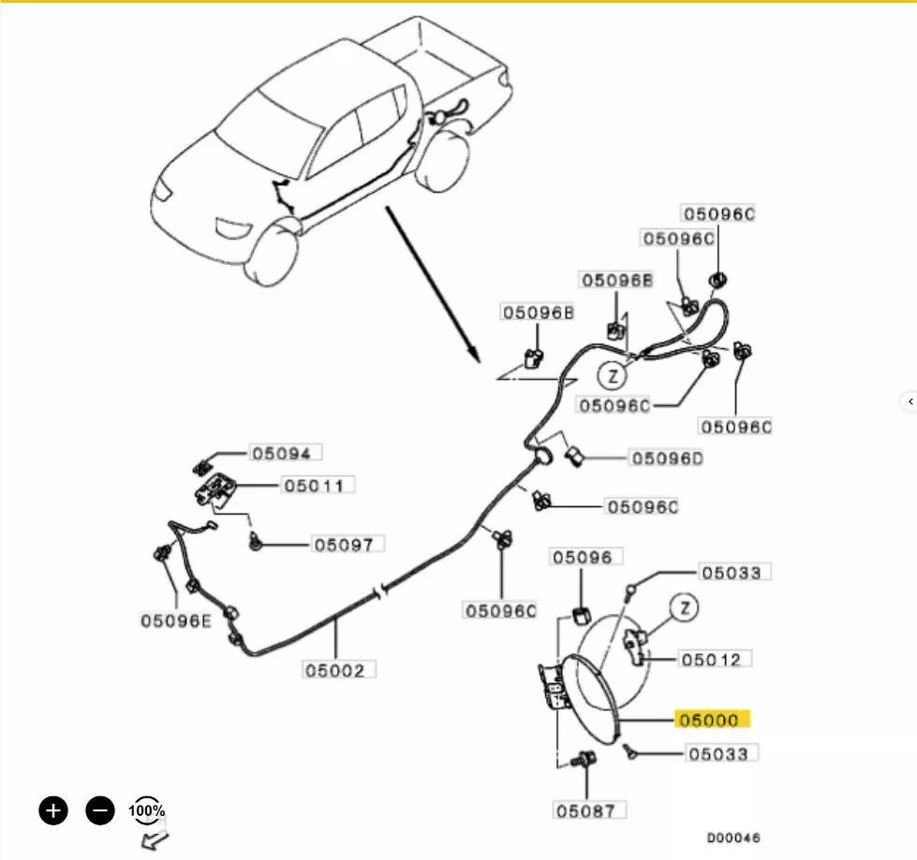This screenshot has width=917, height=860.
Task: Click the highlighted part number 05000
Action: click(712, 720)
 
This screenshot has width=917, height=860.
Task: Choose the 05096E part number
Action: click(175, 620)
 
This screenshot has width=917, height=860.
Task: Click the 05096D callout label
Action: click(667, 458)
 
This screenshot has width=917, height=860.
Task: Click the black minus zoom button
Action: click(100, 810)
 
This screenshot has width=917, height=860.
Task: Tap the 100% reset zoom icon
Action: click(146, 810)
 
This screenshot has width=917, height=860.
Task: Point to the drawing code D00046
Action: click(733, 838)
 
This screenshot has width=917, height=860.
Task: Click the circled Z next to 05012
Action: click(685, 607)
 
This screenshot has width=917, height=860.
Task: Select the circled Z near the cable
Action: click(613, 375)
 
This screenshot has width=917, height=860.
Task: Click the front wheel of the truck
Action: click(271, 253)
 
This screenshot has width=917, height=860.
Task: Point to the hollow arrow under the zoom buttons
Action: click(155, 839)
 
